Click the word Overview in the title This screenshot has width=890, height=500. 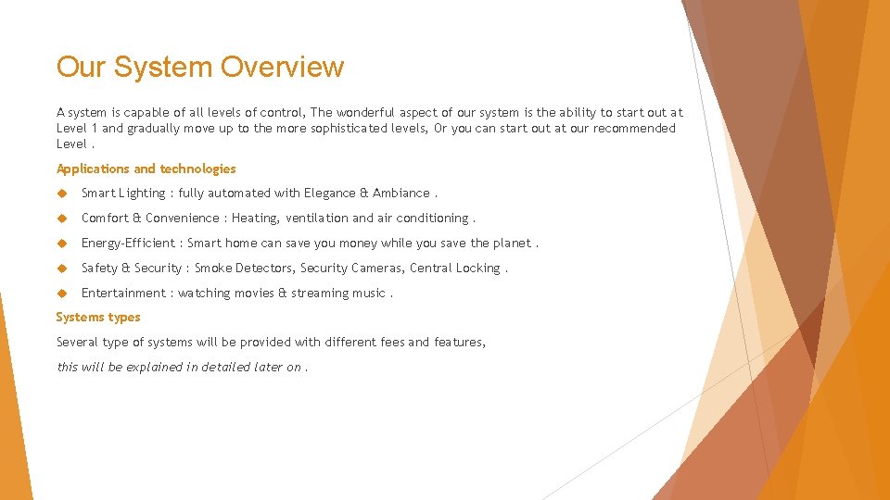(x=283, y=67)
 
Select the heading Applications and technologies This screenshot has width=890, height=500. (x=146, y=169)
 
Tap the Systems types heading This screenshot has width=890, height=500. (x=98, y=317)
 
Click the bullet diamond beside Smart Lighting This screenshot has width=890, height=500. (x=62, y=194)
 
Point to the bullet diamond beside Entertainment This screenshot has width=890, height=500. (x=62, y=293)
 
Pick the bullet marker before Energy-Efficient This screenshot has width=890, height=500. (x=62, y=244)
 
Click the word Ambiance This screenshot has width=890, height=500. (x=401, y=194)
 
